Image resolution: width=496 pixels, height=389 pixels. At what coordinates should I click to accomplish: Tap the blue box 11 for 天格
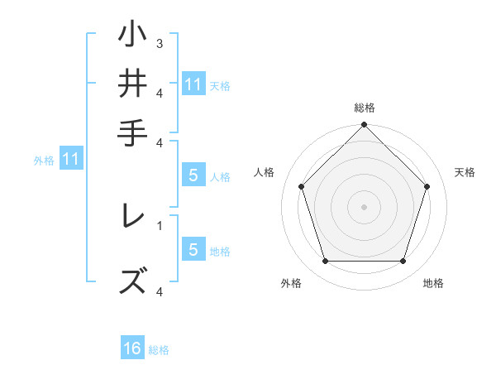193,84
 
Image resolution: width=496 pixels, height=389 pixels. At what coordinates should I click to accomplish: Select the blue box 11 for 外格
71,158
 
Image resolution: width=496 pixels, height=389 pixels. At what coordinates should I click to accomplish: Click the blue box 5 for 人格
193,175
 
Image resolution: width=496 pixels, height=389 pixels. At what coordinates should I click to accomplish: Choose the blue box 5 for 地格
193,250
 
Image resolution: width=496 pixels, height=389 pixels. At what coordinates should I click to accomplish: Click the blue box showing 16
132,348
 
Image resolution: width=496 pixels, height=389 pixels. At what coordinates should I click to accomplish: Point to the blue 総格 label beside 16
159,350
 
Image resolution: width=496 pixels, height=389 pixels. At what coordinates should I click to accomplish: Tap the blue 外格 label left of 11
44,161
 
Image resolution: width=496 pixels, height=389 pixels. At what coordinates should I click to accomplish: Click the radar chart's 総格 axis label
365,108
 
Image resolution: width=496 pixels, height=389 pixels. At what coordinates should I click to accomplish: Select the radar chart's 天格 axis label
465,172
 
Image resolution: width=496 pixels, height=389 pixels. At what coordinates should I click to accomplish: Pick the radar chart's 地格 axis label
433,284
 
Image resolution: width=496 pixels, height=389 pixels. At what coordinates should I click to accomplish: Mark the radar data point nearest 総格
364,127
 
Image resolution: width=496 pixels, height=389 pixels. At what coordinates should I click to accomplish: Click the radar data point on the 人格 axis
302,186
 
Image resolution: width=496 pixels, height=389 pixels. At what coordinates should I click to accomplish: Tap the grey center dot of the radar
364,206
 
